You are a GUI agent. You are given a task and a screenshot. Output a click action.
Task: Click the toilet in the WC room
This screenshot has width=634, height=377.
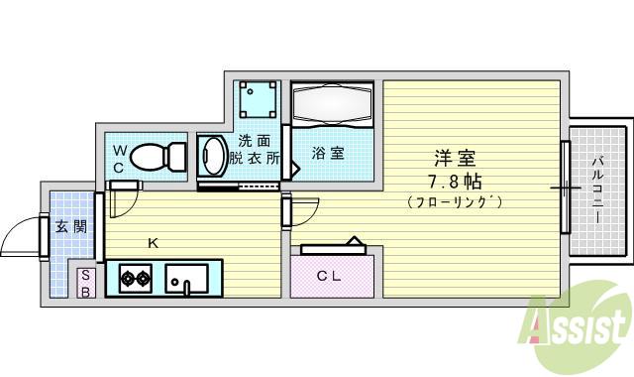158,156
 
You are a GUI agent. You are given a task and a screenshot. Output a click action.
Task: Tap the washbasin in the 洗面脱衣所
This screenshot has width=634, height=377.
213,157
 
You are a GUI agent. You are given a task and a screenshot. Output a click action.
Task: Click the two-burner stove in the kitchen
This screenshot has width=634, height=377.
135,278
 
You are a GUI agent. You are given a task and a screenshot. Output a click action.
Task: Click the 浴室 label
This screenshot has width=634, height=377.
329,154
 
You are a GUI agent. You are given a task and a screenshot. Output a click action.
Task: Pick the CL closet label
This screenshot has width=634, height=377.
329,276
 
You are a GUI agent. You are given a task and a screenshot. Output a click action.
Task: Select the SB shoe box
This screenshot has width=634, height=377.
86,283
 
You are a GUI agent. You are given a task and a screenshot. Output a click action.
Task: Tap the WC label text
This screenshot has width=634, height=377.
118,159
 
